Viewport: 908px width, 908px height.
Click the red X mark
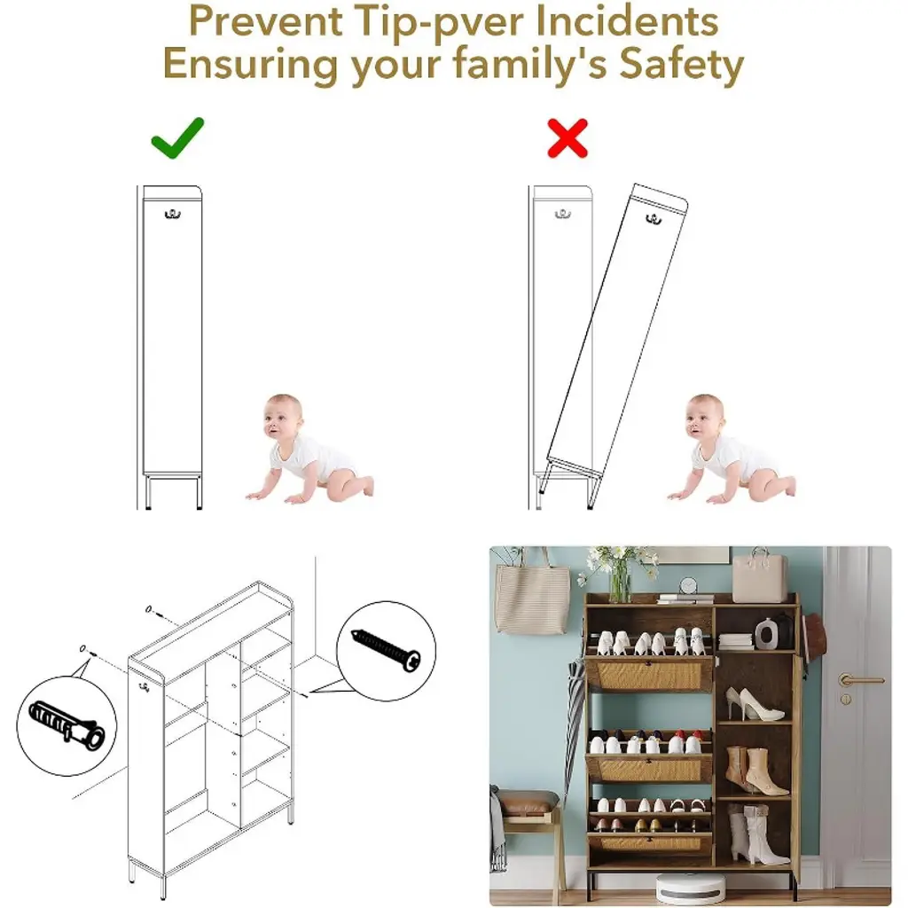click(x=567, y=138)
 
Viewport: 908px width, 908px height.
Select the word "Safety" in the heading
click(x=682, y=64)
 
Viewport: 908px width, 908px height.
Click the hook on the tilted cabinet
click(x=654, y=219)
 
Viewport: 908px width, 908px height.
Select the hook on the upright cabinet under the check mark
click(x=173, y=215)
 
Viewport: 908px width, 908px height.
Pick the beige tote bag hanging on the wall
click(x=532, y=597)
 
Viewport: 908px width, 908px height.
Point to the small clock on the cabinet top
click(x=688, y=585)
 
